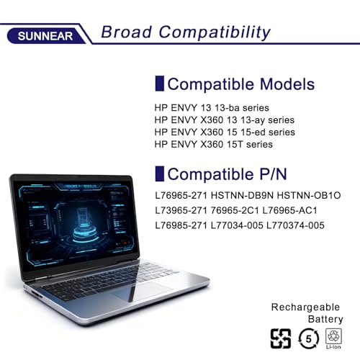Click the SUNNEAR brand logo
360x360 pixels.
pos(45,36)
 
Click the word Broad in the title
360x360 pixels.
pos(127,32)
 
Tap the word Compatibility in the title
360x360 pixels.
pos(215,32)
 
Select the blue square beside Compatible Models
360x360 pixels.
pos(160,84)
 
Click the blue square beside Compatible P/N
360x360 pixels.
pos(160,174)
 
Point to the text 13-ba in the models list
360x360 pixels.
pos(227,108)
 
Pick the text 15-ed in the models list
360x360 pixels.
pos(253,132)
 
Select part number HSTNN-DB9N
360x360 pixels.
pos(242,195)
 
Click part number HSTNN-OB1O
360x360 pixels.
pos(309,195)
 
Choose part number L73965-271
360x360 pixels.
pos(181,210)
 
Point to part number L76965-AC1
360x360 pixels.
pos(289,210)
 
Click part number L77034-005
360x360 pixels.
pos(237,225)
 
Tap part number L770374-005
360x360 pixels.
pos(295,225)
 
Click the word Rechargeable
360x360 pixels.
pos(305,307)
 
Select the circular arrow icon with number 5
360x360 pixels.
pos(308,338)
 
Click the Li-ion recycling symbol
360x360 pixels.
pos(333,338)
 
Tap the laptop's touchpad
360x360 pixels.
pos(142,291)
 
